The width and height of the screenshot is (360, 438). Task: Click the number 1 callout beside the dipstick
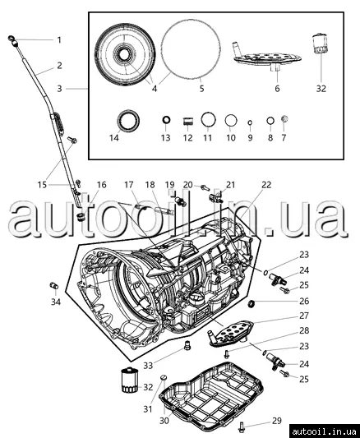click(x=59, y=40)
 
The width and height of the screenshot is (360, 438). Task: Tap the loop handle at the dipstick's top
click(x=11, y=38)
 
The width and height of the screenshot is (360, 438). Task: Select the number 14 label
click(x=114, y=137)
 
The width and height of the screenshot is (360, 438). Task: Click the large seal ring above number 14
click(x=128, y=121)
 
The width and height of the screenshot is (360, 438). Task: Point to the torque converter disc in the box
click(x=125, y=55)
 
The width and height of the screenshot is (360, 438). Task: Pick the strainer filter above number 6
click(x=267, y=58)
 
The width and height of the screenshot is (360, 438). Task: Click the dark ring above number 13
click(x=166, y=120)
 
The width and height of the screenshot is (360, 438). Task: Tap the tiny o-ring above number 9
click(x=250, y=122)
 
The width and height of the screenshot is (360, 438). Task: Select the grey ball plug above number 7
click(x=284, y=118)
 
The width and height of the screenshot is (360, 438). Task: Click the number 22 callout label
click(x=266, y=185)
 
